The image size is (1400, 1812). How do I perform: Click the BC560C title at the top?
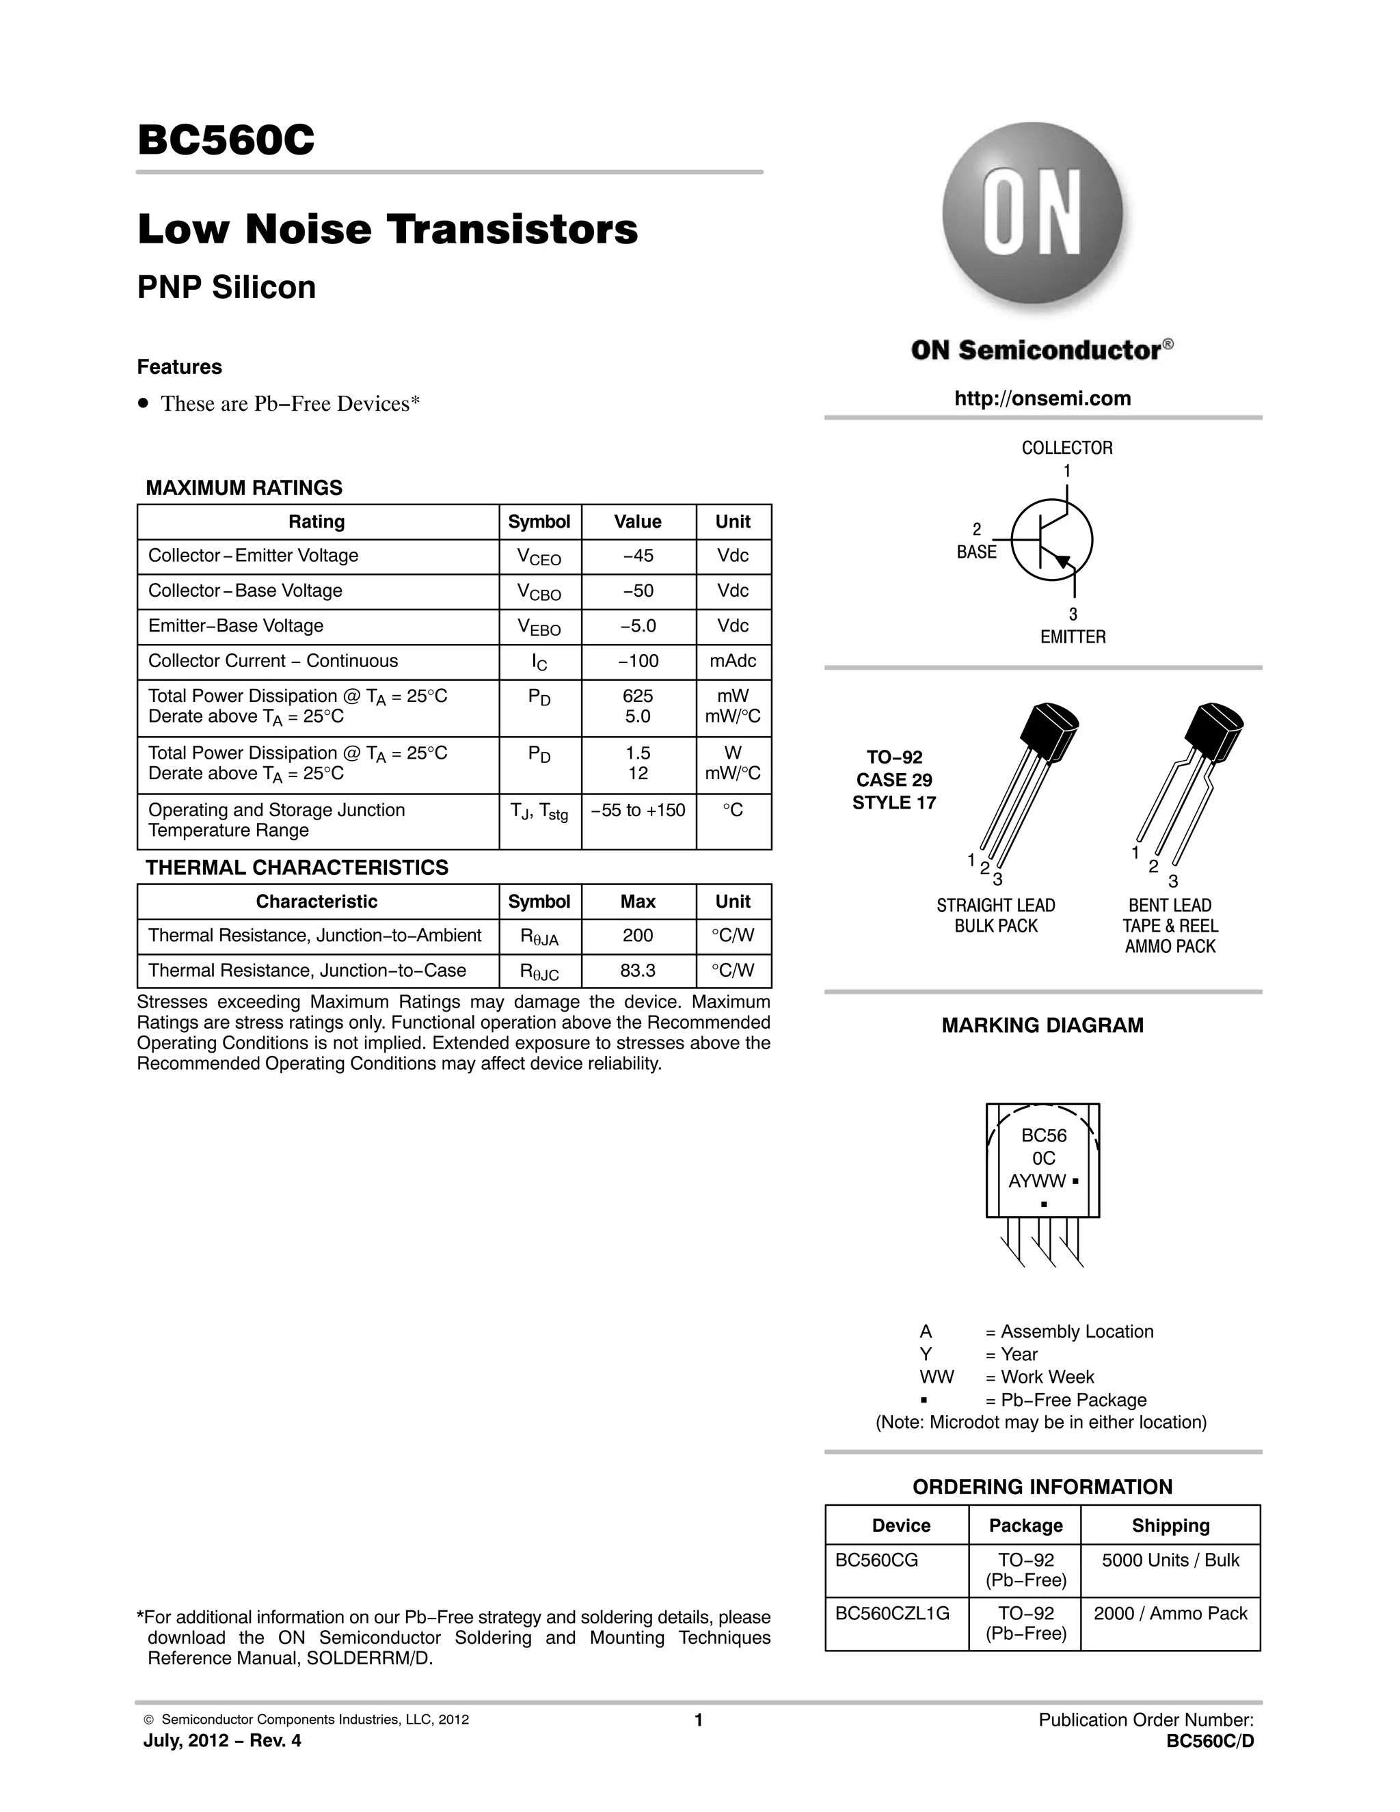[226, 140]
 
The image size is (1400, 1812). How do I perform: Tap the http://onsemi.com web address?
[1042, 398]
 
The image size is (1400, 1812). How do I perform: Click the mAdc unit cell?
[733, 661]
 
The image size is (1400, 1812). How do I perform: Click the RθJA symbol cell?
[539, 936]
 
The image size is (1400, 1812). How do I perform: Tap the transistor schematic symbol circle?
[1051, 540]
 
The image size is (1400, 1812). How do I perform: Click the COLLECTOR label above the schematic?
[1066, 448]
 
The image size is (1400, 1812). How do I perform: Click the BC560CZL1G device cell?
[892, 1614]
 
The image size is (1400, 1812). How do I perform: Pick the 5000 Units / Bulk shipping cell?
[1170, 1560]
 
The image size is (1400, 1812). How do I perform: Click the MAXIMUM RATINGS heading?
[244, 488]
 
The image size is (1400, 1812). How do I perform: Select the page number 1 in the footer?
[699, 1720]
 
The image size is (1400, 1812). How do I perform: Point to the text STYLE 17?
[893, 802]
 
